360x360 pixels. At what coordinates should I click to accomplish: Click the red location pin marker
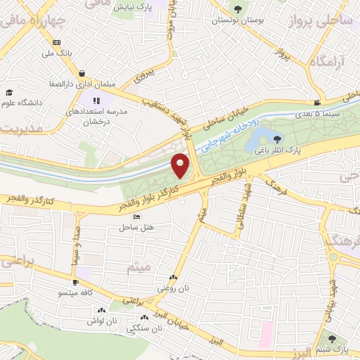[x=182, y=166]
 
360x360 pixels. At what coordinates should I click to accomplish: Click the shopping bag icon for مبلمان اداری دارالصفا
[x=82, y=72]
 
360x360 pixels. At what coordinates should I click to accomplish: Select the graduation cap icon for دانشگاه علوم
[x=10, y=92]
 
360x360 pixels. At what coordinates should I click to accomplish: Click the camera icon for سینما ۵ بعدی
[x=317, y=103]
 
